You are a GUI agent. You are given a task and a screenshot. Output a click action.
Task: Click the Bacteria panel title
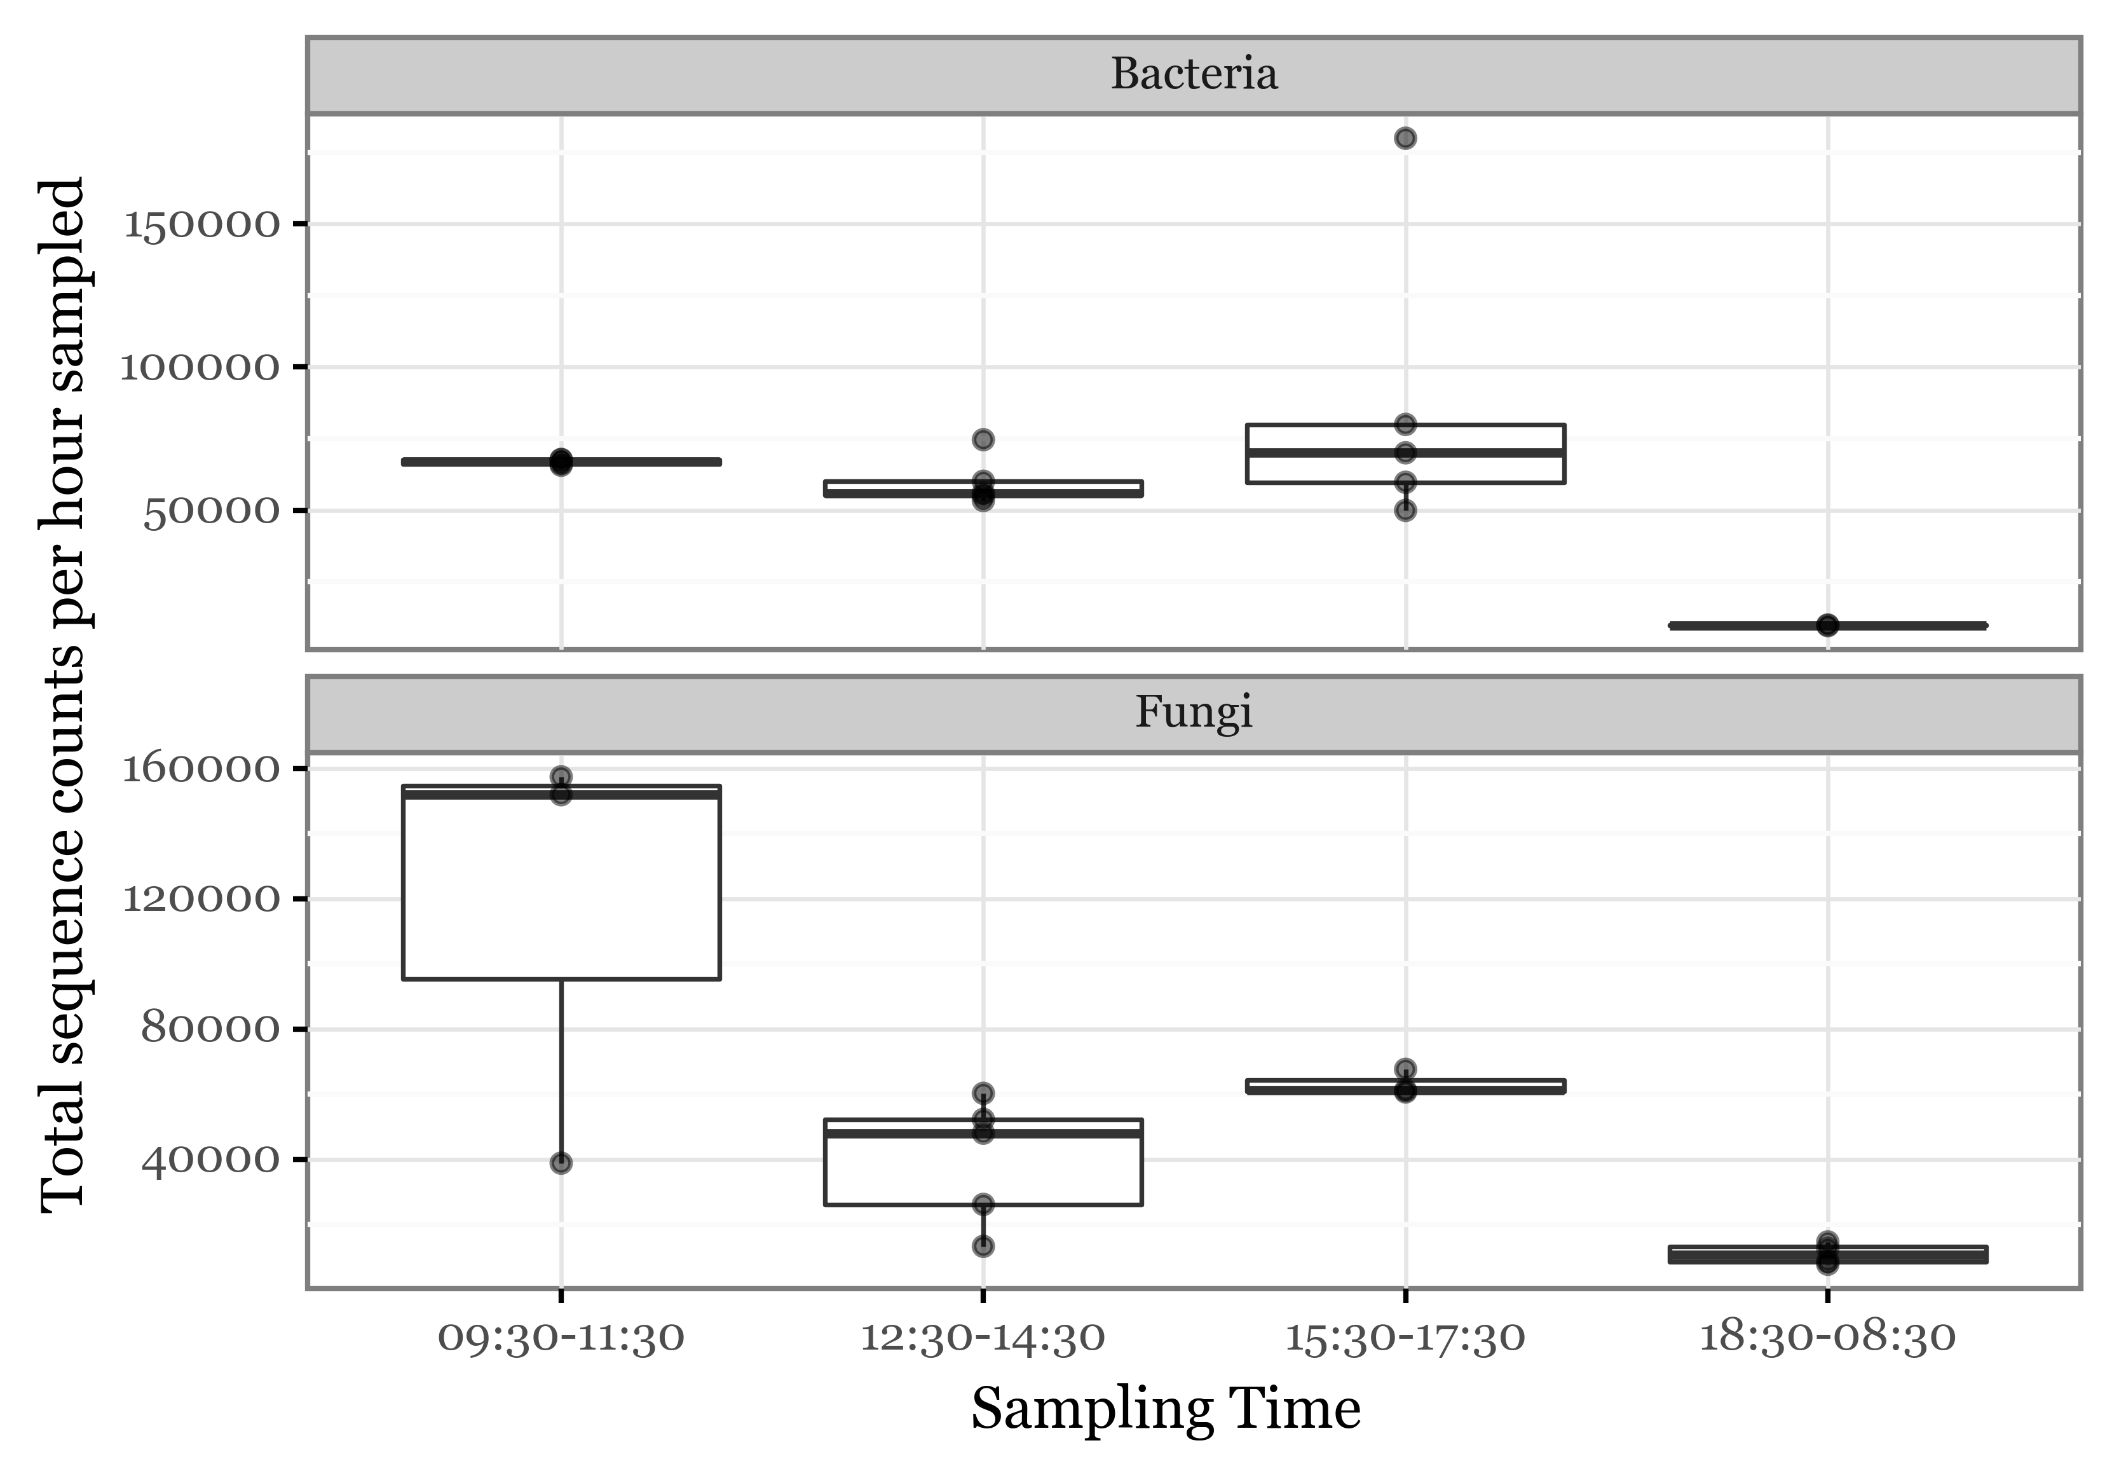click(x=1194, y=74)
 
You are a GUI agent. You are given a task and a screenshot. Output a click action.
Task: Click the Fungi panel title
click(x=1194, y=713)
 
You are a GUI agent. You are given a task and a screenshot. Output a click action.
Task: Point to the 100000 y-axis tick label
click(x=200, y=367)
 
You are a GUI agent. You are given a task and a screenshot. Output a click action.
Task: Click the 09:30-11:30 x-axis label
click(x=561, y=1338)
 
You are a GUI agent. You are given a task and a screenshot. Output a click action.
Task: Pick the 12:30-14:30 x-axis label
click(x=983, y=1338)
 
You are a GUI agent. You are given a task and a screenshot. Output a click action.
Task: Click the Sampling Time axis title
click(x=1166, y=1411)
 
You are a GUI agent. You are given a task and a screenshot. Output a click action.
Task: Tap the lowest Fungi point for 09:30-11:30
click(x=561, y=1162)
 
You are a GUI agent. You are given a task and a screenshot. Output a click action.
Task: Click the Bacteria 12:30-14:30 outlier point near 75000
click(x=983, y=439)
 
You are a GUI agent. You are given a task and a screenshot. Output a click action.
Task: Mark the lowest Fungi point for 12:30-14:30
click(x=983, y=1246)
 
